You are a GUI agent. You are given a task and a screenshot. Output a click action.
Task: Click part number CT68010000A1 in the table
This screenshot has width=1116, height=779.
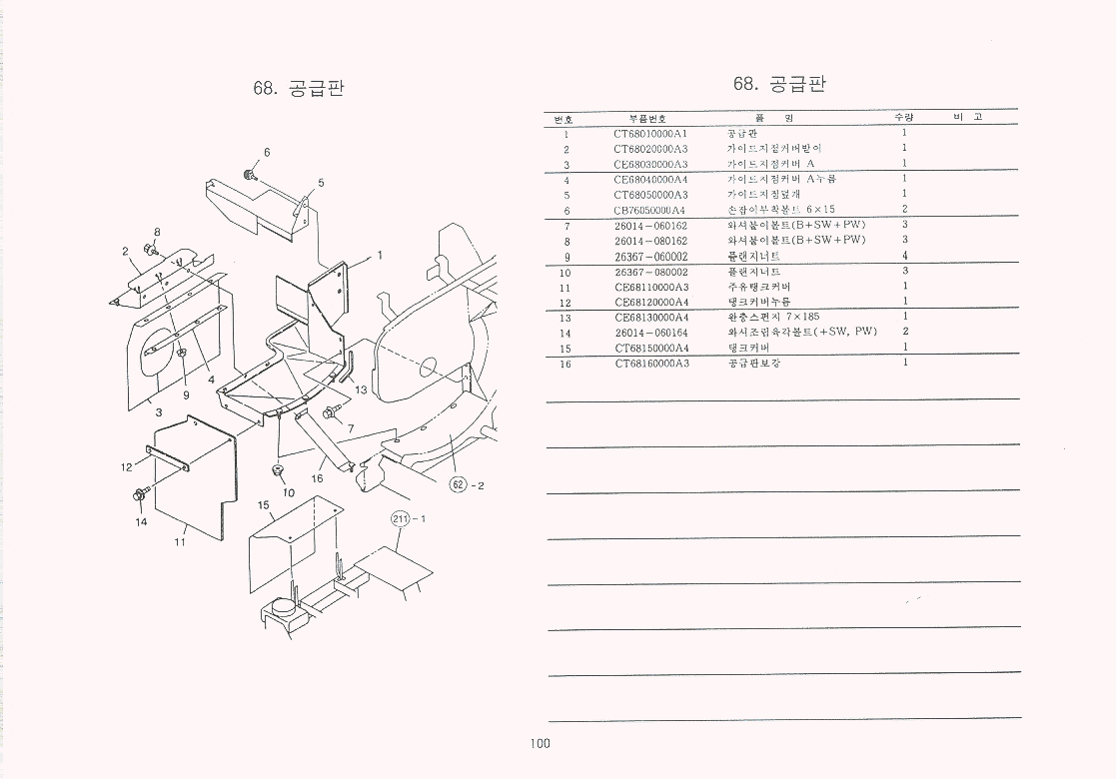pyautogui.click(x=650, y=133)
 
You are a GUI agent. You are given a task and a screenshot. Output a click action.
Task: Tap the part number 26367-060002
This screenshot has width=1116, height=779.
pyautogui.click(x=650, y=257)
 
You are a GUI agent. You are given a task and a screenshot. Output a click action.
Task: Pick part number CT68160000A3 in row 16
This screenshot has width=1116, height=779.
pyautogui.click(x=651, y=364)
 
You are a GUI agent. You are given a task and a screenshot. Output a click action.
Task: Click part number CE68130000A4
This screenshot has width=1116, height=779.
pyautogui.click(x=651, y=317)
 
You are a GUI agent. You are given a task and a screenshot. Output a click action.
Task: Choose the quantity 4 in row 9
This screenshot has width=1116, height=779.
pyautogui.click(x=905, y=257)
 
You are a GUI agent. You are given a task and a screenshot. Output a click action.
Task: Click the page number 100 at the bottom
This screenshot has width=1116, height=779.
pyautogui.click(x=541, y=743)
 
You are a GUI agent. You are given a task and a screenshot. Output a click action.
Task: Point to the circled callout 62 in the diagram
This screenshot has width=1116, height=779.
pyautogui.click(x=460, y=485)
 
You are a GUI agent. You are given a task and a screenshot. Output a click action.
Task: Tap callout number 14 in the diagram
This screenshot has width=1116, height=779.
pyautogui.click(x=141, y=521)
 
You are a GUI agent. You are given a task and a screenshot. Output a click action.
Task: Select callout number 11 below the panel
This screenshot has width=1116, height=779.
pyautogui.click(x=181, y=542)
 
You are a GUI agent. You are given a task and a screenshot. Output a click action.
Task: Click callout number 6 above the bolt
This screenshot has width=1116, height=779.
pyautogui.click(x=267, y=152)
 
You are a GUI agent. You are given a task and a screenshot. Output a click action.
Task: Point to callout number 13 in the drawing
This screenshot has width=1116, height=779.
pyautogui.click(x=361, y=389)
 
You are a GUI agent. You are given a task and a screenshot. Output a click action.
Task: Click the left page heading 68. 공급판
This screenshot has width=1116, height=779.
pyautogui.click(x=300, y=88)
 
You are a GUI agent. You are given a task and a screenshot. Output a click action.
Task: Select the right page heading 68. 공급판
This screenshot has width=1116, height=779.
pyautogui.click(x=779, y=84)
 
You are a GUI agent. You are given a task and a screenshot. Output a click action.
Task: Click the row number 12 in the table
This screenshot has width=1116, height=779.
pyautogui.click(x=564, y=302)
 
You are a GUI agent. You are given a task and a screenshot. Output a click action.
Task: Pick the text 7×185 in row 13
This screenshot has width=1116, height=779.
pyautogui.click(x=802, y=317)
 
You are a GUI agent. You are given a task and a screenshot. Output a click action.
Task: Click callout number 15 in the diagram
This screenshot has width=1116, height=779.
pyautogui.click(x=264, y=505)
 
